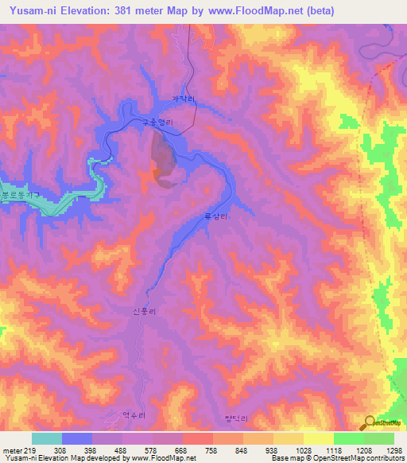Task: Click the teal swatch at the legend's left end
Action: (47, 438)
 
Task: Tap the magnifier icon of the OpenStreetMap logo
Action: (368, 422)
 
